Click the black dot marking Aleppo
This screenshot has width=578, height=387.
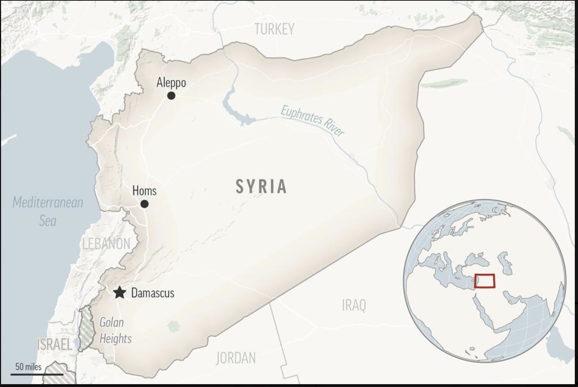click(171, 95)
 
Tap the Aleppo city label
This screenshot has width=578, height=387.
click(171, 83)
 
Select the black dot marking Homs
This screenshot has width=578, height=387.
click(144, 204)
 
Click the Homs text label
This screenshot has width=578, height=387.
click(144, 191)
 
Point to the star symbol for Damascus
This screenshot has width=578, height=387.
click(120, 293)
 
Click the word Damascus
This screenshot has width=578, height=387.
click(152, 293)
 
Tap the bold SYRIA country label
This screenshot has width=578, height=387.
click(261, 186)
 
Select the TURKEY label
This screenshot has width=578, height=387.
click(274, 29)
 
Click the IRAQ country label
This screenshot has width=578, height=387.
click(354, 305)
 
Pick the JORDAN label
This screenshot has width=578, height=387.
click(236, 358)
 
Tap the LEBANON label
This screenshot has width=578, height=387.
click(106, 244)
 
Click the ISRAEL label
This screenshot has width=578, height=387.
click(54, 344)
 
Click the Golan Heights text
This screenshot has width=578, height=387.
click(114, 330)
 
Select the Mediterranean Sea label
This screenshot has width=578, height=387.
click(48, 211)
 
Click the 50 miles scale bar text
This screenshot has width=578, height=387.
click(28, 366)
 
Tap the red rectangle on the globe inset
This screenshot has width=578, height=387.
click(485, 281)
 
